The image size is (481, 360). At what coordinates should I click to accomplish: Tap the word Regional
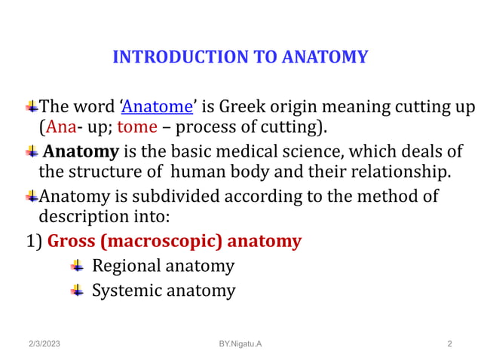coord(125,266)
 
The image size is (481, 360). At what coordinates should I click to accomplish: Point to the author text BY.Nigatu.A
coord(240,344)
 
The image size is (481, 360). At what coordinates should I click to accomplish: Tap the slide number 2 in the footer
coord(449,344)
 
